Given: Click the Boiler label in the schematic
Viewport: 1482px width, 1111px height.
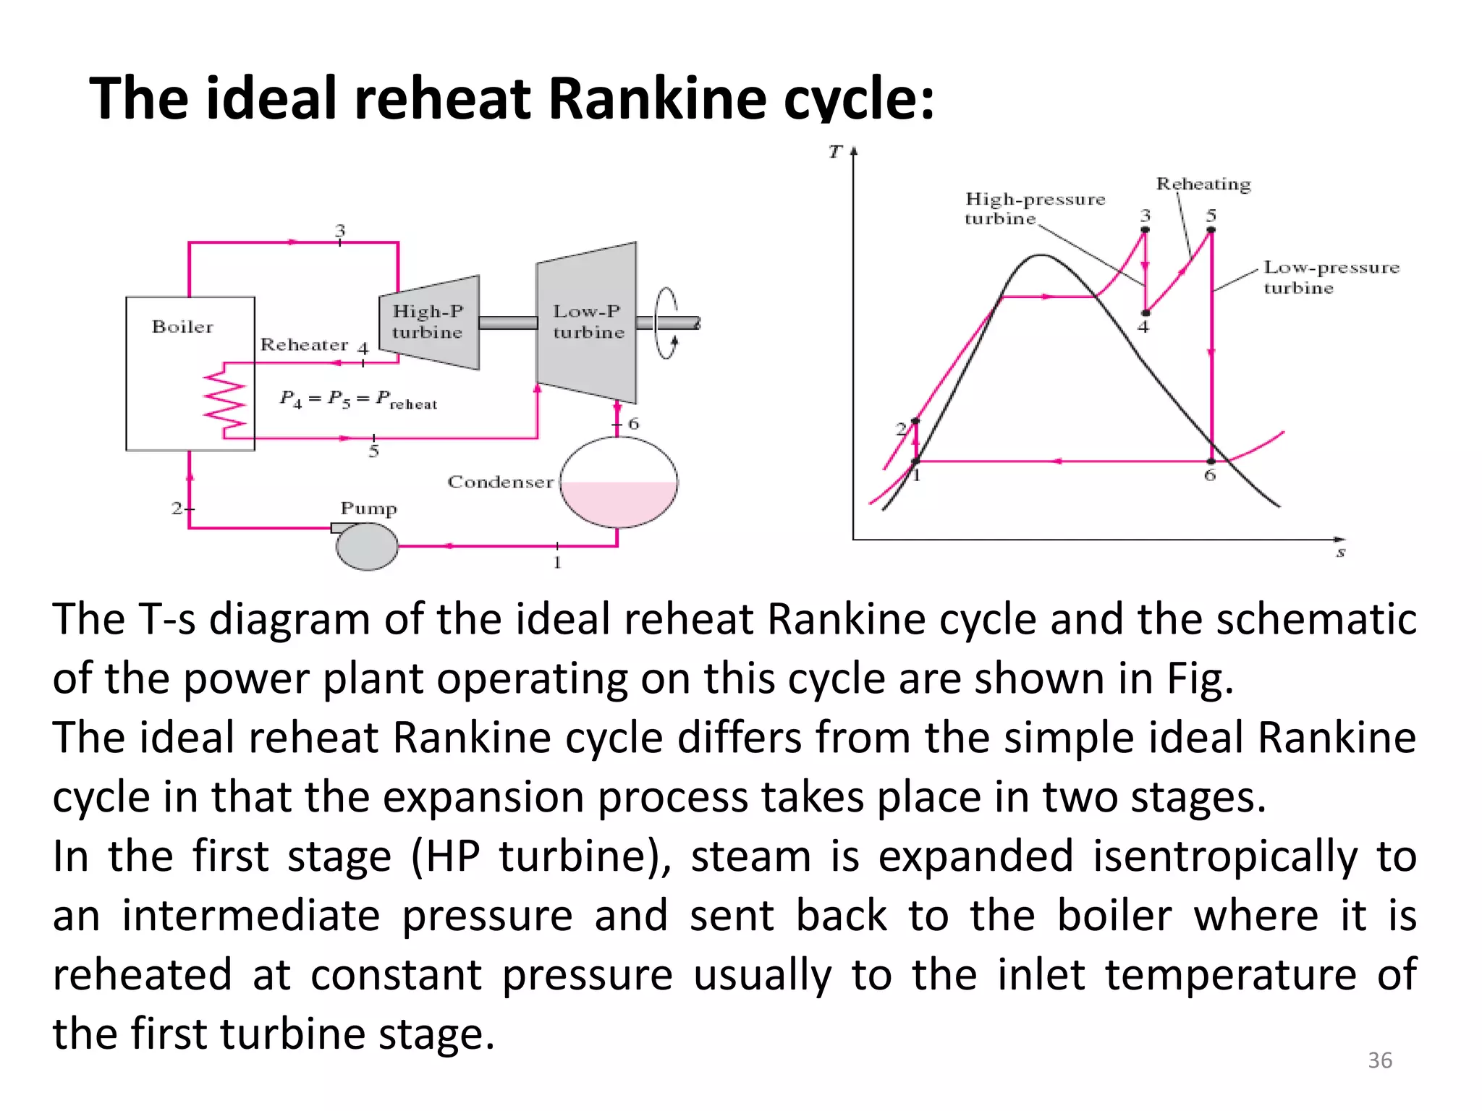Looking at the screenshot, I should click(182, 327).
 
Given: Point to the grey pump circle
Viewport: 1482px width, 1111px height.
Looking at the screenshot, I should click(367, 547).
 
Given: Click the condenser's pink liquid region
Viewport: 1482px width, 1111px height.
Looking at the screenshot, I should click(619, 502).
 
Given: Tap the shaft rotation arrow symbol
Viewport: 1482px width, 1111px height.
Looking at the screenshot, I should click(666, 323).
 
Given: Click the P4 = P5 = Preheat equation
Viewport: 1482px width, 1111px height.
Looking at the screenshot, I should click(358, 399).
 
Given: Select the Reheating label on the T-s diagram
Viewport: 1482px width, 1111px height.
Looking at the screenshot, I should click(1203, 184).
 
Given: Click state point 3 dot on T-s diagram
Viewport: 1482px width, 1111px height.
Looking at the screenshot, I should click(1145, 230).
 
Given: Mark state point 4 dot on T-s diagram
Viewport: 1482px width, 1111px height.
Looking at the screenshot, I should click(1145, 313).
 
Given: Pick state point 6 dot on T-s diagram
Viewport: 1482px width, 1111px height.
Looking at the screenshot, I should click(1211, 461).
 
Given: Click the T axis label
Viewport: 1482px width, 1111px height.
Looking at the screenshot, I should click(836, 152).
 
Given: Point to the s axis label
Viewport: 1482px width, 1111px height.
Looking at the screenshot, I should click(1340, 553).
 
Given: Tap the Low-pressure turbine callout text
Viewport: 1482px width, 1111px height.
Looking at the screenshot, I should click(1330, 277).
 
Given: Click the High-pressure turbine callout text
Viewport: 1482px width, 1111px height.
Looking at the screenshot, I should click(1035, 208).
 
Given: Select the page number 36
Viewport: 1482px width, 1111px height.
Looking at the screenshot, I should click(1379, 1060).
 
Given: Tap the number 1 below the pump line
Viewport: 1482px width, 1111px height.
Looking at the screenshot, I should click(557, 563).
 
